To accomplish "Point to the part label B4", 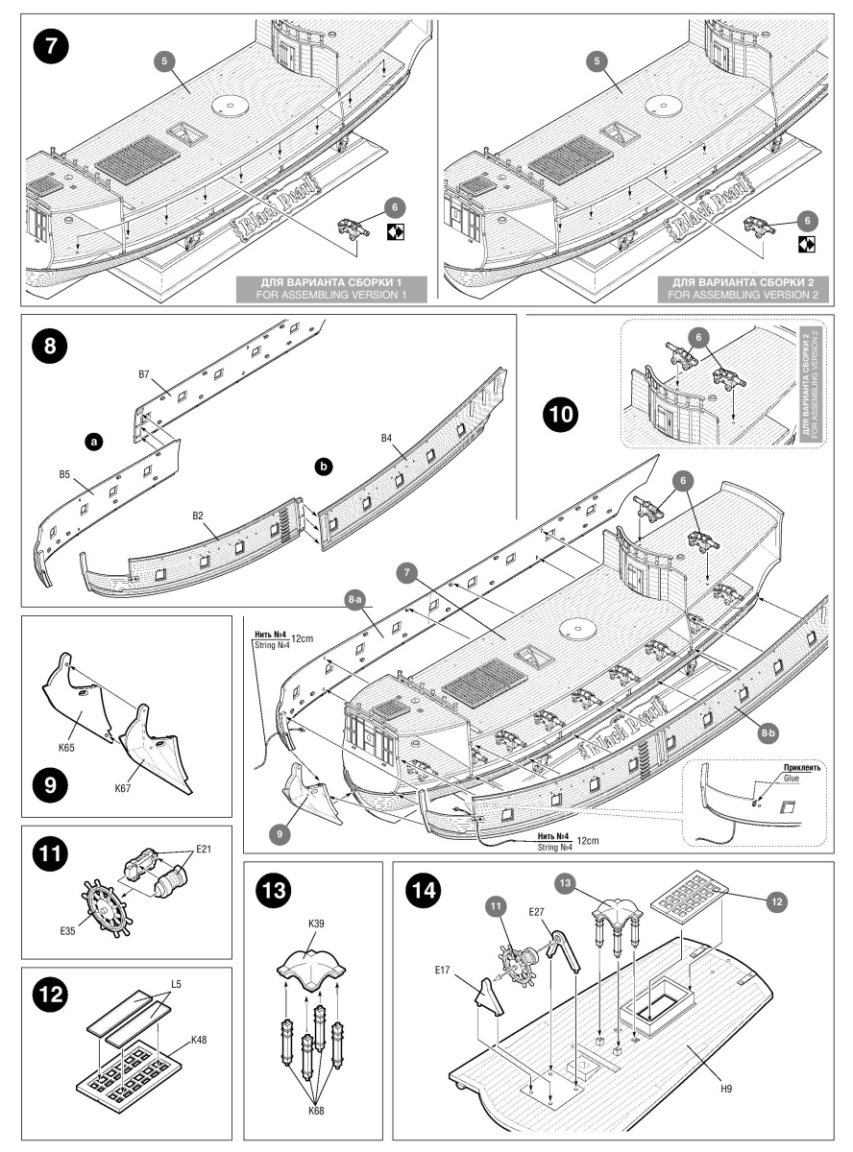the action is tap(387, 439).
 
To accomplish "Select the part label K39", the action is tap(317, 923).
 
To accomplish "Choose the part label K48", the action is tap(200, 1040).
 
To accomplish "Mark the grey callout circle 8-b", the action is tap(768, 733).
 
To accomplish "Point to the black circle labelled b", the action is tap(325, 466).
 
